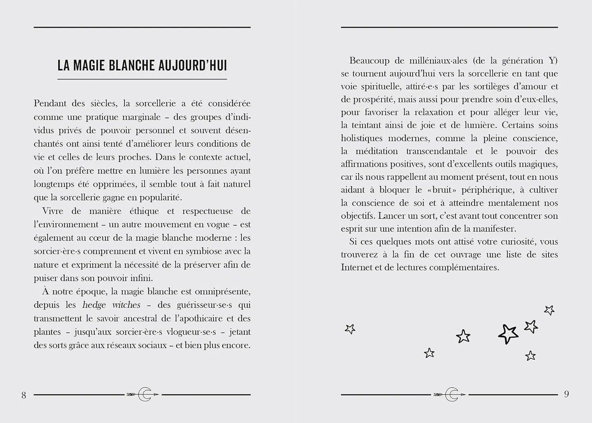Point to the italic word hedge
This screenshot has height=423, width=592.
point(94,305)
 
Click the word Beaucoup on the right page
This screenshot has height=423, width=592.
point(369,61)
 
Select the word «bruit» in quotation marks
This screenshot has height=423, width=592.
point(442,190)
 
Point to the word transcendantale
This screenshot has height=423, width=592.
point(437,151)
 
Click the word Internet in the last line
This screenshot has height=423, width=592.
point(356,268)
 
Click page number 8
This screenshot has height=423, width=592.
point(24,395)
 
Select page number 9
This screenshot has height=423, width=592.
point(566,394)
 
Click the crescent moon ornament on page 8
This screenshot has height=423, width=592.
point(145,394)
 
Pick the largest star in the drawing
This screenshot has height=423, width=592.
point(508,334)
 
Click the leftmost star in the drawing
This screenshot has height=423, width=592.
point(350,329)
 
